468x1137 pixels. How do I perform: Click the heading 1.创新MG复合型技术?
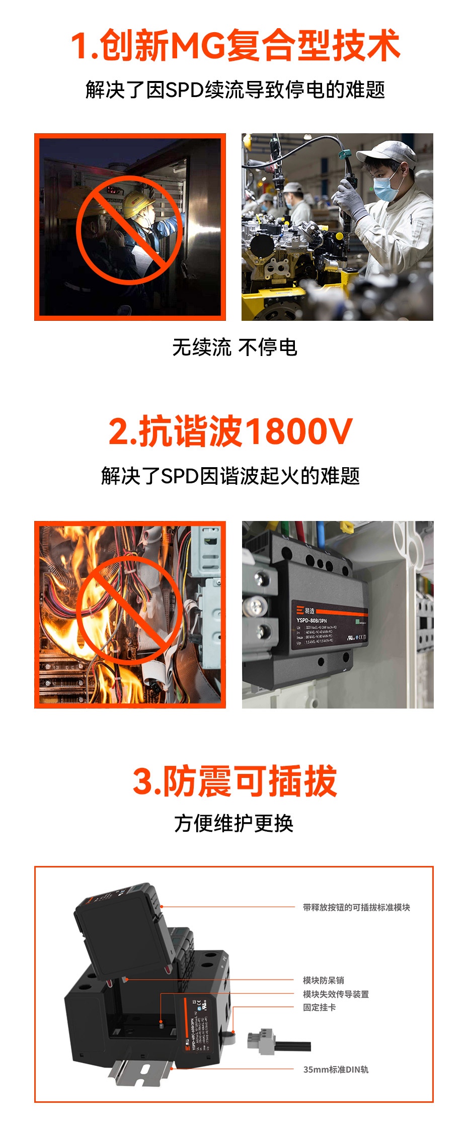coord(235,45)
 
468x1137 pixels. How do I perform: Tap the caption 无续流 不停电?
coord(235,347)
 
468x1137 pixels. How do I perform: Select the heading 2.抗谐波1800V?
coord(230,431)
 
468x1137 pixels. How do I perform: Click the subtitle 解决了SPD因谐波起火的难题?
coord(230,476)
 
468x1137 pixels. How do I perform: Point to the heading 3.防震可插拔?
coord(235,781)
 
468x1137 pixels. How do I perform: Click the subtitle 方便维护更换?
coord(233,824)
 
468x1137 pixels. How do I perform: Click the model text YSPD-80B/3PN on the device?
coord(311,621)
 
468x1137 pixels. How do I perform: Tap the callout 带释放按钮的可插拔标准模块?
coord(356,907)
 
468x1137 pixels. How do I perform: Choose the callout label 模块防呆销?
coord(323,980)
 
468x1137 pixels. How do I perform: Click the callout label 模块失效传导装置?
coord(336,994)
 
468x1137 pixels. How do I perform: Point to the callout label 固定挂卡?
coord(319,1007)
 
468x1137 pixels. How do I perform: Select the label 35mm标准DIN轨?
coord(336,1070)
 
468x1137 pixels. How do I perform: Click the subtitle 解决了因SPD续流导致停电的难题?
coord(235,90)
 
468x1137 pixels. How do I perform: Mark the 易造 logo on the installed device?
coord(305,610)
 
